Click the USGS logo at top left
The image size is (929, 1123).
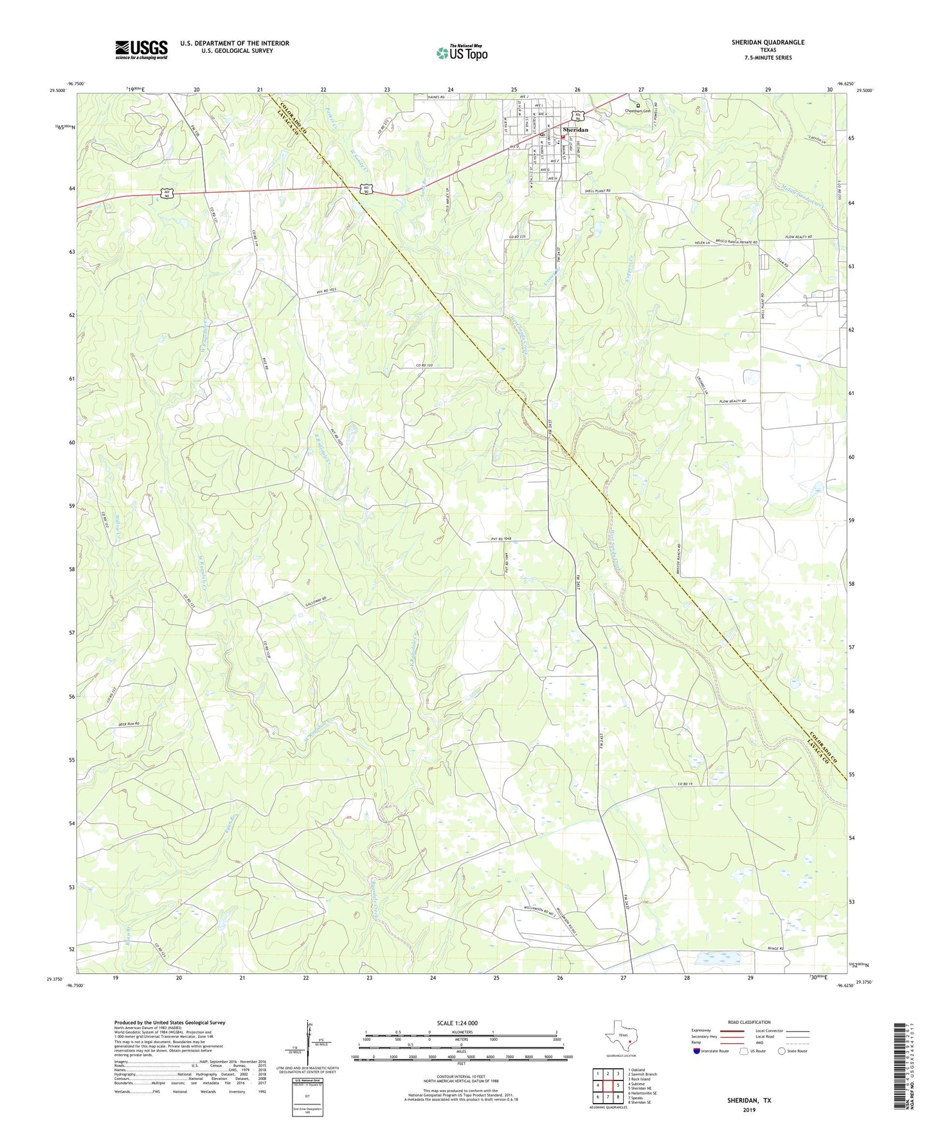pyautogui.click(x=141, y=50)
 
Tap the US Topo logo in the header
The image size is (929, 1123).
pyautogui.click(x=462, y=53)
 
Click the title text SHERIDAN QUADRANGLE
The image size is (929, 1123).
pyautogui.click(x=768, y=42)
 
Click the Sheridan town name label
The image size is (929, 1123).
pyautogui.click(x=575, y=130)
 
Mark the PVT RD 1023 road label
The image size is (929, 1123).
pyautogui.click(x=327, y=292)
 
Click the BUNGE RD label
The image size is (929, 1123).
pyautogui.click(x=777, y=949)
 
